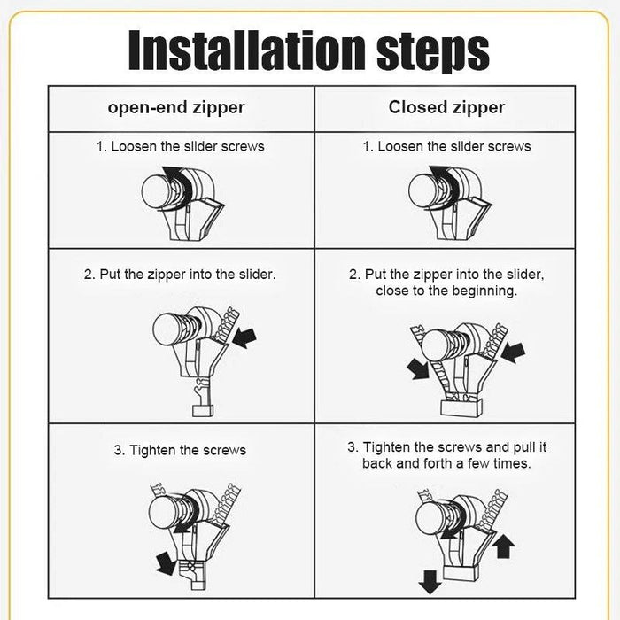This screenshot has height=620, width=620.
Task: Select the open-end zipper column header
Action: (176, 108)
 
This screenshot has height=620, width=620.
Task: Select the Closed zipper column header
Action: (446, 107)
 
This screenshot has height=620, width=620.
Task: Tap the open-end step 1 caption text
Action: (180, 146)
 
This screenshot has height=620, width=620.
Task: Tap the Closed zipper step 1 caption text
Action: (446, 146)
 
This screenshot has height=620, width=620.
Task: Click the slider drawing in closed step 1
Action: (449, 205)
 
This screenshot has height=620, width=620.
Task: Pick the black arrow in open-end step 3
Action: (164, 561)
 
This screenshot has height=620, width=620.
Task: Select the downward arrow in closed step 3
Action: (430, 581)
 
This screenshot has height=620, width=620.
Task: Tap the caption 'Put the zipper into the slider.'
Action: (180, 275)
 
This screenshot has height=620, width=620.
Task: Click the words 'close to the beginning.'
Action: (446, 291)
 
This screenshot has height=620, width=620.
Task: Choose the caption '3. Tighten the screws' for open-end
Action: (180, 450)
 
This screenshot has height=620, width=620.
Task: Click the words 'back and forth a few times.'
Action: (446, 464)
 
